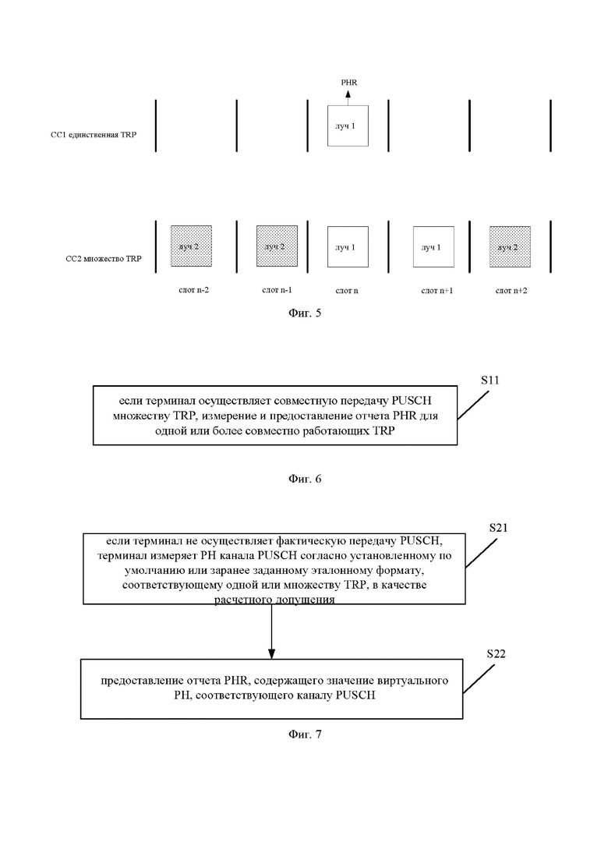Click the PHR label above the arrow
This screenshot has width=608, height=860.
click(x=348, y=83)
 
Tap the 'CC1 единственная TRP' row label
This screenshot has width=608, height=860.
click(x=94, y=134)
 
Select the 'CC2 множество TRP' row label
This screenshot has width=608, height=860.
click(x=104, y=258)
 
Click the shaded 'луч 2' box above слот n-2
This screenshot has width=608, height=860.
click(x=191, y=246)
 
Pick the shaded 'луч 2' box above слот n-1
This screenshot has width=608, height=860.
click(x=277, y=246)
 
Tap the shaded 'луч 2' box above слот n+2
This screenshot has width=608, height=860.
click(x=511, y=247)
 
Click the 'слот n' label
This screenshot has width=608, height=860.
click(x=347, y=291)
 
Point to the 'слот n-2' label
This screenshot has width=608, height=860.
click(x=193, y=289)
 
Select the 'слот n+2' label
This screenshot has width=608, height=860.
click(x=511, y=291)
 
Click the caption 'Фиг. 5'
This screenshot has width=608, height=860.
click(x=305, y=313)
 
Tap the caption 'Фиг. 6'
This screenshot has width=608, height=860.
click(x=305, y=479)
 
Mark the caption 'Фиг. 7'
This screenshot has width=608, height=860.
click(x=305, y=734)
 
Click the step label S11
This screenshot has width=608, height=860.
click(x=490, y=380)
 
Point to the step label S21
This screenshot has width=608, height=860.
click(x=498, y=528)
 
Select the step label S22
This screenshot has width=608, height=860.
click(x=497, y=654)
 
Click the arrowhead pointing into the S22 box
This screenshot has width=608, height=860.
click(x=271, y=654)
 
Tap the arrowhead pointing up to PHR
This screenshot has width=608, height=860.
click(x=348, y=94)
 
